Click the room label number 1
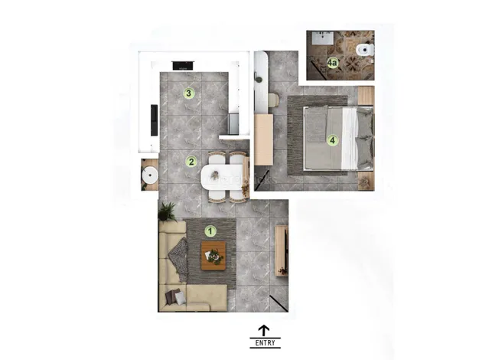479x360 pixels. point(210,231)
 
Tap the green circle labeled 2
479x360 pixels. point(191,162)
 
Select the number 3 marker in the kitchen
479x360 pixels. point(188,93)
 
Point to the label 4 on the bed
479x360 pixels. point(332,140)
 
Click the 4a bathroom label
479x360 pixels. point(332,64)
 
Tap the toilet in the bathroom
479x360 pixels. point(365,50)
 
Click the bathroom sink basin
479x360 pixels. point(323,38)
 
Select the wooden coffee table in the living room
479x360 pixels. point(213,256)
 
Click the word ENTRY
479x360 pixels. point(265,343)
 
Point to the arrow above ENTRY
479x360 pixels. point(264,331)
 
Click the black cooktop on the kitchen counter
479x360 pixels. point(184,65)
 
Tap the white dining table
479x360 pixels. point(222,177)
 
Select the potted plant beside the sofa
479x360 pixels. point(167,211)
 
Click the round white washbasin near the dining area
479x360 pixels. point(150,175)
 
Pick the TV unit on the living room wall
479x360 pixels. point(282,250)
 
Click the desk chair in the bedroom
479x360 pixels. point(273,100)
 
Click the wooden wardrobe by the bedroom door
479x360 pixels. point(263,139)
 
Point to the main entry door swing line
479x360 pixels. point(279,304)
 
